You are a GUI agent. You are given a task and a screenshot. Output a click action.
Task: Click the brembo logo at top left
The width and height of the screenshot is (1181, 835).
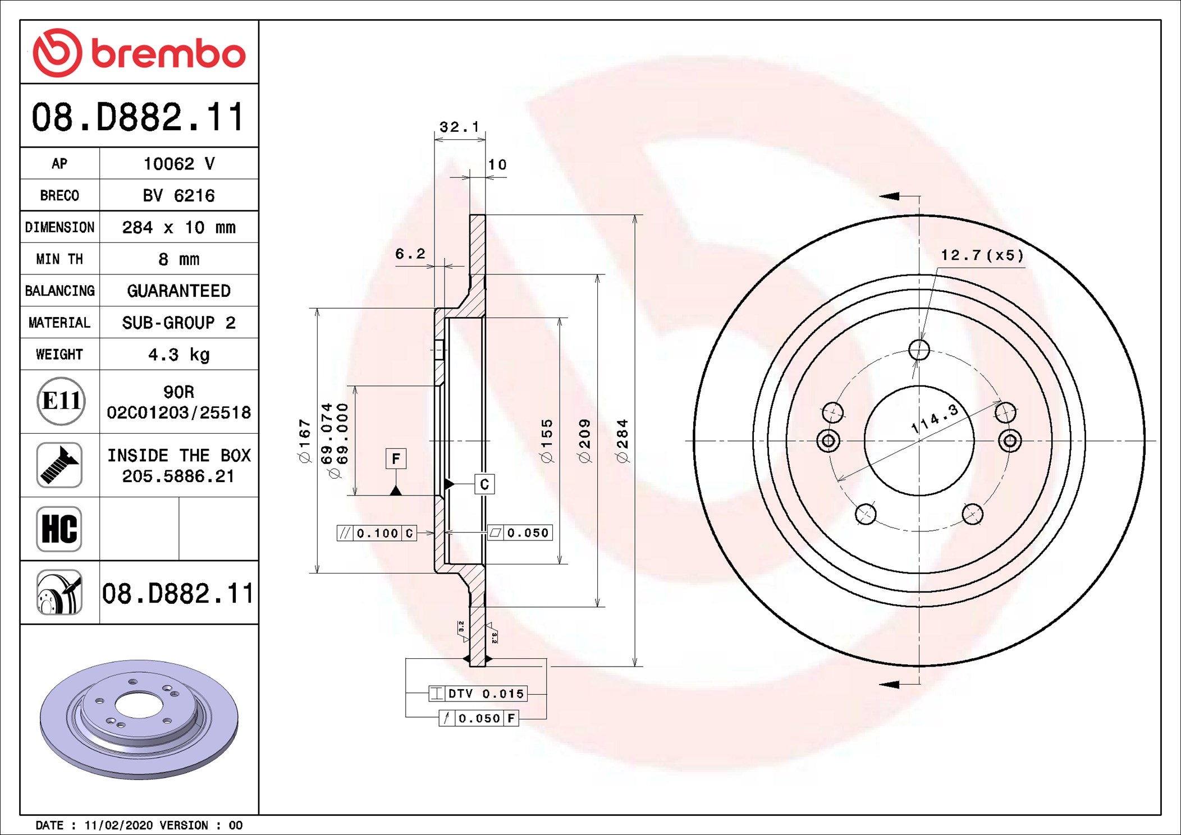click(x=139, y=53)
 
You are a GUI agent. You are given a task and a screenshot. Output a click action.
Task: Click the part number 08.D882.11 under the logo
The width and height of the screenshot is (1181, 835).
click(x=138, y=117)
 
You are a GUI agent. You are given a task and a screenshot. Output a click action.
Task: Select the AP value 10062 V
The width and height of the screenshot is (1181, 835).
click(x=178, y=164)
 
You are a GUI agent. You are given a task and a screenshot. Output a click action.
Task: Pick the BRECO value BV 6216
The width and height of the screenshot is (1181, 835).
click(x=178, y=196)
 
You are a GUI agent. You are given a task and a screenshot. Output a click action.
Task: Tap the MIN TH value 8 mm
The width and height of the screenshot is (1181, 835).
click(x=178, y=259)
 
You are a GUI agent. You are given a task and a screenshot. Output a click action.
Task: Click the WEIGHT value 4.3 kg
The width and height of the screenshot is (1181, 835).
click(x=178, y=355)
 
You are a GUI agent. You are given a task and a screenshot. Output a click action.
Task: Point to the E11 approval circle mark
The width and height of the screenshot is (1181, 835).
click(x=61, y=401)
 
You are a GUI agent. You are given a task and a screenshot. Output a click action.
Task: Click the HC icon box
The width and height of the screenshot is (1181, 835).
click(x=59, y=529)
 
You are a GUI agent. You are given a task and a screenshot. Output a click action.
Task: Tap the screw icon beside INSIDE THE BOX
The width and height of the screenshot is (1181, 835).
click(x=59, y=465)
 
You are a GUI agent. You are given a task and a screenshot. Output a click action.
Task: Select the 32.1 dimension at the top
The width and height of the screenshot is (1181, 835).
click(x=459, y=127)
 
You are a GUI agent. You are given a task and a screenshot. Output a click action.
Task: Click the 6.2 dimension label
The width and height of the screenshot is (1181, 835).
click(x=410, y=254)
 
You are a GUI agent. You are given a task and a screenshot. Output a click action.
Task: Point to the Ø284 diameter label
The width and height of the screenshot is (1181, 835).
click(x=622, y=441)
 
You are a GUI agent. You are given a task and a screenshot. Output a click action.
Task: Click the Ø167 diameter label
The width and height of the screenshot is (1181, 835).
click(x=305, y=441)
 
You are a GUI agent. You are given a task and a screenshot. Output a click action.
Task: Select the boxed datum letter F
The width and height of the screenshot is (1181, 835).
click(x=396, y=459)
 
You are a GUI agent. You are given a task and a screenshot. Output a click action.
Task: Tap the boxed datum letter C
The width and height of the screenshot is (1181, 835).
click(x=484, y=484)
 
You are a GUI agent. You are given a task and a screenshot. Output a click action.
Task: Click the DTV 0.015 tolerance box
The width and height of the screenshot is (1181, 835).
click(x=478, y=694)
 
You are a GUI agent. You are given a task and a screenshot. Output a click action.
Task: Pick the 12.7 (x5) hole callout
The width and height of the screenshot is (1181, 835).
click(x=982, y=256)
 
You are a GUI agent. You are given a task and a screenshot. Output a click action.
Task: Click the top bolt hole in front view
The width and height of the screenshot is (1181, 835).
click(x=919, y=350)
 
